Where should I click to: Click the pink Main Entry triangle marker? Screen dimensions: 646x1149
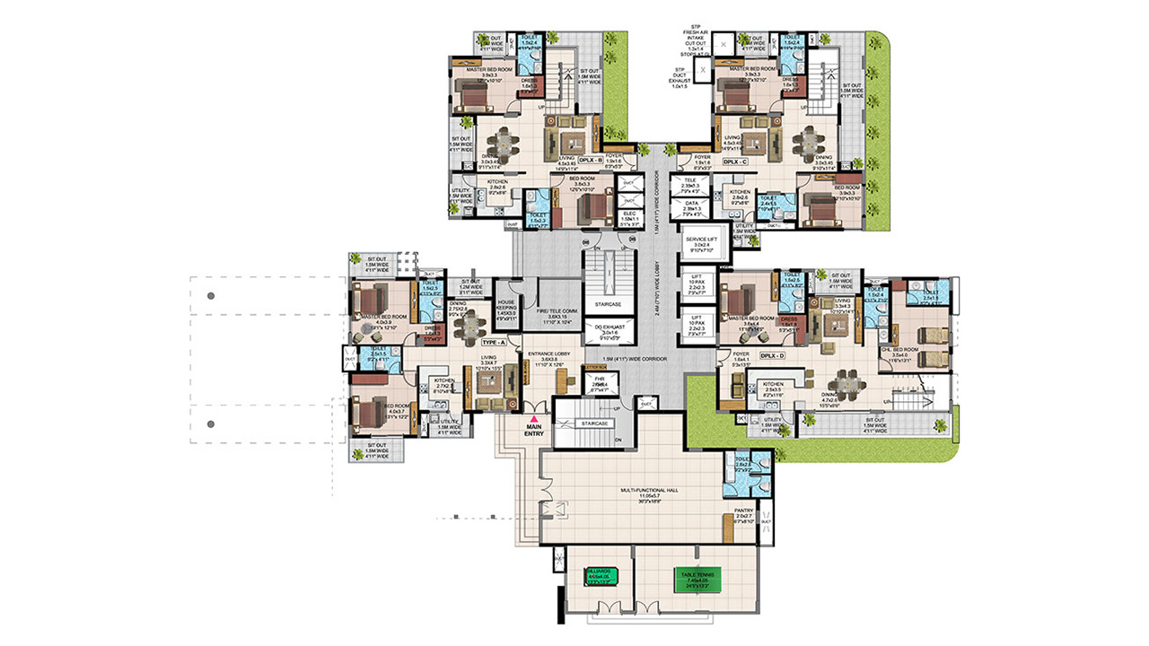pyautogui.click(x=535, y=418)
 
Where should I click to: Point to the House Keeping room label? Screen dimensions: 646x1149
pyautogui.click(x=505, y=310)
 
